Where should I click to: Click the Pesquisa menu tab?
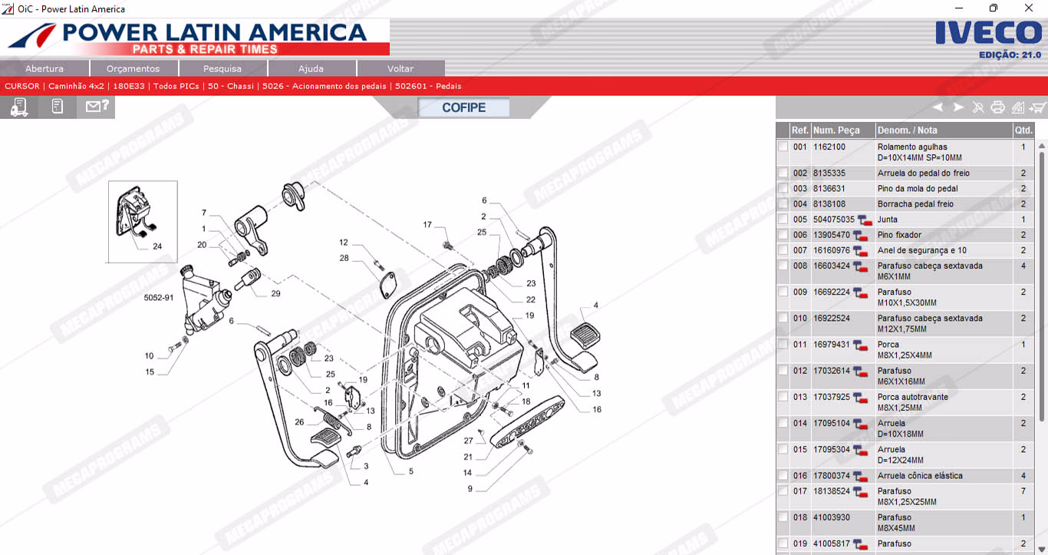(x=222, y=69)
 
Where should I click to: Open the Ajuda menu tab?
(x=311, y=69)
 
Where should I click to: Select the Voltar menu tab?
(x=400, y=69)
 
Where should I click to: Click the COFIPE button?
(x=463, y=107)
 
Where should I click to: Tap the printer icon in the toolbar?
(x=997, y=107)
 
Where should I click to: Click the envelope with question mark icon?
(x=97, y=107)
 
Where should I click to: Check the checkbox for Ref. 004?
(x=783, y=203)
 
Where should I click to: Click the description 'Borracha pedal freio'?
(x=915, y=204)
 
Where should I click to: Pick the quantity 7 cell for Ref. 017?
(x=1023, y=491)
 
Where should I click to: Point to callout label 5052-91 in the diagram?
(x=159, y=298)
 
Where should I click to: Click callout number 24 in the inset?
(x=157, y=246)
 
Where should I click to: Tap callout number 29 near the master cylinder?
(x=275, y=293)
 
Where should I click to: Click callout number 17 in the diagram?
(x=427, y=225)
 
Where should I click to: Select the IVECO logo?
(x=988, y=33)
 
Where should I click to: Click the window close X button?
(x=1028, y=8)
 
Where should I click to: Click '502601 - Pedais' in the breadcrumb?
(x=428, y=86)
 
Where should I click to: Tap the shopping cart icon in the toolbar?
(x=1036, y=107)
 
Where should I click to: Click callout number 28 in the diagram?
(x=344, y=258)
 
